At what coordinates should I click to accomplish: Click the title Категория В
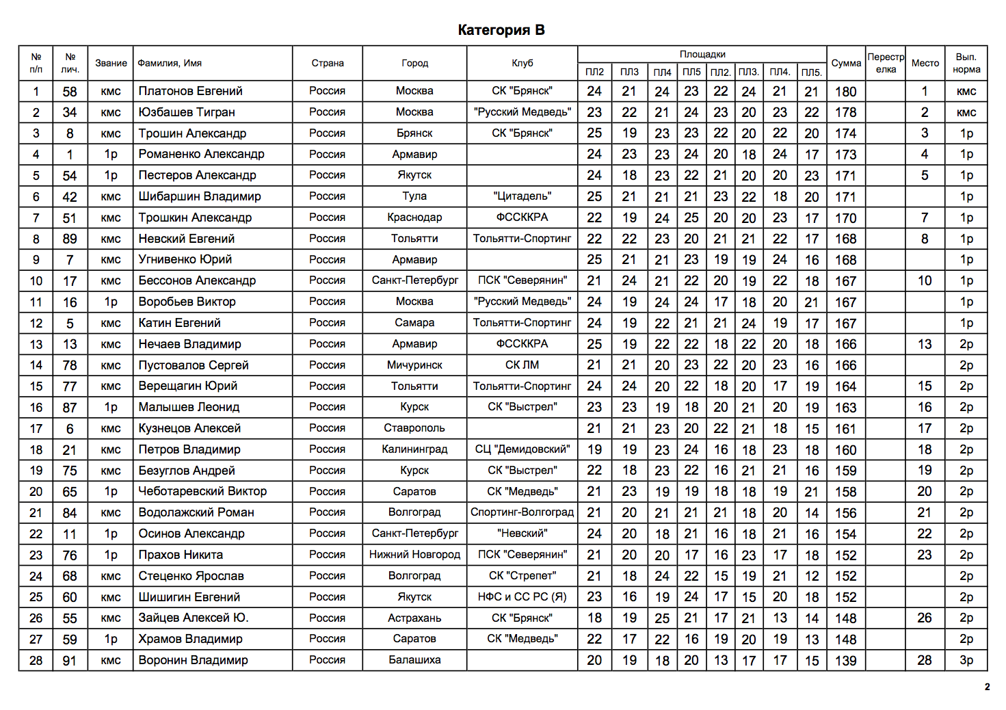[501, 30]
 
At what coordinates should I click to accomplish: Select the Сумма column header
[846, 63]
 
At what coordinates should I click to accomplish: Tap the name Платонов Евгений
[190, 91]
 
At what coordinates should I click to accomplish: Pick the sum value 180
[845, 92]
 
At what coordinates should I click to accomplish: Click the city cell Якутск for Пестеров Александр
[414, 175]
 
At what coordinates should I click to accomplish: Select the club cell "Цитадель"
[522, 196]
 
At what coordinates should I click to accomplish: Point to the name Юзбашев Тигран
[186, 112]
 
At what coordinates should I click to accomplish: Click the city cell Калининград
[414, 449]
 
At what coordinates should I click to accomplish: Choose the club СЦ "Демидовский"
[522, 449]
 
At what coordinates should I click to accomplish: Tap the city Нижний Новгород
[414, 555]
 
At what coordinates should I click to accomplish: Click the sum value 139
[845, 661]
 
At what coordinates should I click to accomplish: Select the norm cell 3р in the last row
[966, 661]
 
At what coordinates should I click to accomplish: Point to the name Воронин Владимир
[193, 661]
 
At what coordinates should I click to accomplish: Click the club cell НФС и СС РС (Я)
[522, 597]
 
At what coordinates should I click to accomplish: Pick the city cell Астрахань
[414, 618]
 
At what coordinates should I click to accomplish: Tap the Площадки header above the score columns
[702, 54]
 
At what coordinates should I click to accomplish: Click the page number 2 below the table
[987, 687]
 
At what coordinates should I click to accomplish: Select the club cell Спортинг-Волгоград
[522, 512]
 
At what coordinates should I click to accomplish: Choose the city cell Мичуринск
[414, 365]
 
